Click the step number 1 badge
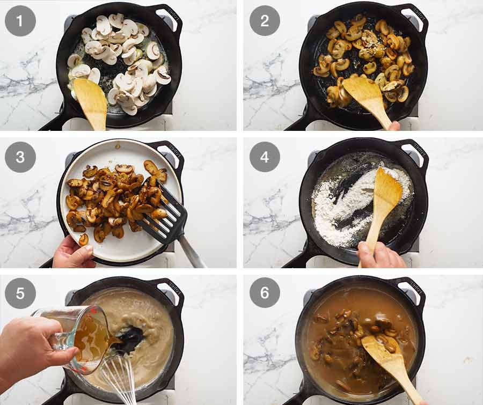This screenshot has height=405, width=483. tap(20, 21)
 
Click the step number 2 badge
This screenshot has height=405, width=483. tap(265, 21)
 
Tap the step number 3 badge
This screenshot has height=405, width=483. tap(20, 157)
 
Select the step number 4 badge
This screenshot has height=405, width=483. tap(265, 157)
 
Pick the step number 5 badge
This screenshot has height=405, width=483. tap(20, 293)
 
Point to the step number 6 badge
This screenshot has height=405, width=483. tap(265, 293)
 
